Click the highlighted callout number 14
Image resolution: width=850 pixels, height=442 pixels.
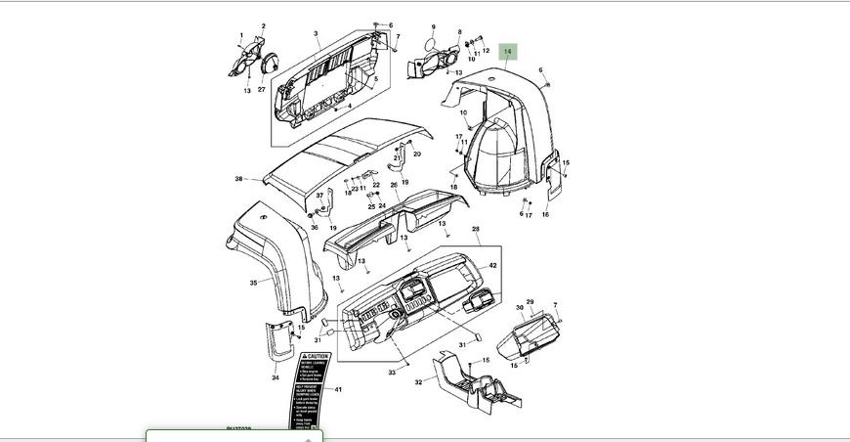[508, 51]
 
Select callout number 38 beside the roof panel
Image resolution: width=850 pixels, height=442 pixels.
[238, 179]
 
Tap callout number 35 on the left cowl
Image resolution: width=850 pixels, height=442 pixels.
[253, 283]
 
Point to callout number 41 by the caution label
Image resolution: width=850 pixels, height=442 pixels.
[338, 390]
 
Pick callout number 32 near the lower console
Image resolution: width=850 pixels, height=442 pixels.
[418, 382]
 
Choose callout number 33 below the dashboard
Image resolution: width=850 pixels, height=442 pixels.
[392, 373]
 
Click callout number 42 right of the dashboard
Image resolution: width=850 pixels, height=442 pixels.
[493, 265]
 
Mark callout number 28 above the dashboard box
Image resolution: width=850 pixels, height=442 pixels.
[476, 230]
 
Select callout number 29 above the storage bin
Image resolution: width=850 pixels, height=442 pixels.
[530, 302]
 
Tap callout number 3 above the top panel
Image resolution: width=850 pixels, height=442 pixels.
[316, 34]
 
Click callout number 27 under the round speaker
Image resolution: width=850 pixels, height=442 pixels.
[261, 90]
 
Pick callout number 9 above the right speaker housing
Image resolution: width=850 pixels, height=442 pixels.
[433, 27]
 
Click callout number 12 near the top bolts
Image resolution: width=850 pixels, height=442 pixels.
[486, 51]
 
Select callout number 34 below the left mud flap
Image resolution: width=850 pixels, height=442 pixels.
[276, 377]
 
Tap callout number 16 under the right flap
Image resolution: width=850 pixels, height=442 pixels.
[545, 214]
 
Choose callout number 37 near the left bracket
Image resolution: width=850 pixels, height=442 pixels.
[319, 196]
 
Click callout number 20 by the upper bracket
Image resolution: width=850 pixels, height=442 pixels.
[417, 154]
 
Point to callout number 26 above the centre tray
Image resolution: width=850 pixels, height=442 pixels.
[394, 185]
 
